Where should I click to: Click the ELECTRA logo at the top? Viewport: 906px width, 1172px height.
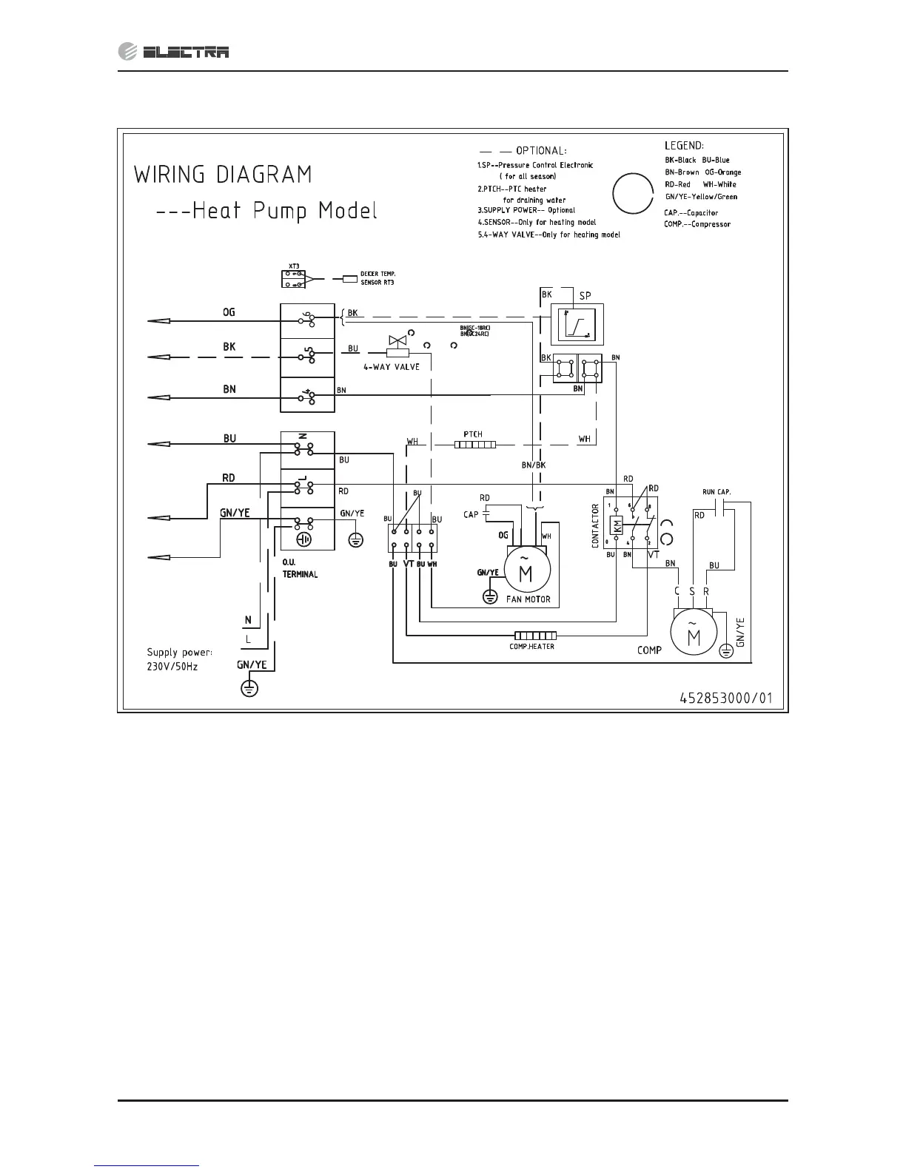pos(174,51)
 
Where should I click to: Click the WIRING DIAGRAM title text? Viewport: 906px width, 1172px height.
pos(223,175)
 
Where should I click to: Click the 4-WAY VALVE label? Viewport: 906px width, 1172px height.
pos(391,366)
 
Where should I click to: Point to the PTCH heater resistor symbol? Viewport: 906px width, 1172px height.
pos(474,445)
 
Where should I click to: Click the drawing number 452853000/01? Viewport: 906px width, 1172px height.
pos(726,697)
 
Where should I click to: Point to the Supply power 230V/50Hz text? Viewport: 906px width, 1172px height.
pos(179,659)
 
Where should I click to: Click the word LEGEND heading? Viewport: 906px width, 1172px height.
pos(684,146)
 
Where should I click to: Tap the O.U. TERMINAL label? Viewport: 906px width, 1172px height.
pos(300,568)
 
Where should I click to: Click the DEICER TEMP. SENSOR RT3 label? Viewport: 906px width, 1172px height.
pos(378,278)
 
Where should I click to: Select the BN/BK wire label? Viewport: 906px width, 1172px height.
pos(533,465)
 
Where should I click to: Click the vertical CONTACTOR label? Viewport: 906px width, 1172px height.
pos(595,526)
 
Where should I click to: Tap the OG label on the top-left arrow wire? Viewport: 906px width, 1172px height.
pos(229,312)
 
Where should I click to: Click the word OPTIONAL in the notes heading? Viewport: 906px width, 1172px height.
pos(541,151)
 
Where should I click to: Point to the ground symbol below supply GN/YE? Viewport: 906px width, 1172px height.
pos(251,689)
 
